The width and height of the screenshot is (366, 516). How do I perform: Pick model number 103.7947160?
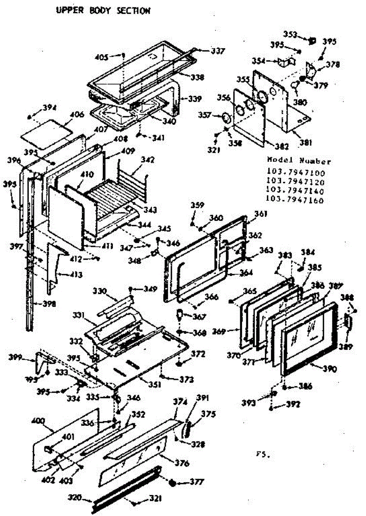(x=295, y=200)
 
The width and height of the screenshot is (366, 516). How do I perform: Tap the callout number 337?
(x=217, y=51)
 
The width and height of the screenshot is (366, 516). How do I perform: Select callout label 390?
(x=330, y=369)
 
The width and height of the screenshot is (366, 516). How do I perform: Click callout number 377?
(x=197, y=482)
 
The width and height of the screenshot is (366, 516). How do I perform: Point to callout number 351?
(x=155, y=384)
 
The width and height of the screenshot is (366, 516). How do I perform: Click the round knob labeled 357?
(x=225, y=117)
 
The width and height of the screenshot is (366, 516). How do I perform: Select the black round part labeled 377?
(x=173, y=482)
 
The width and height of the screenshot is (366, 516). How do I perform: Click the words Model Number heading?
(x=299, y=162)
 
